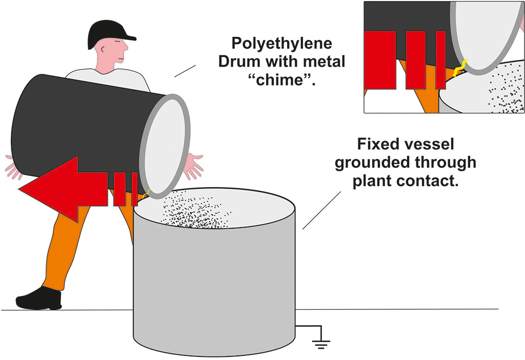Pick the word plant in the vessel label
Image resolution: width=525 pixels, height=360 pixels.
tap(377, 181)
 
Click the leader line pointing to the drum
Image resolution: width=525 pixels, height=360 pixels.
tap(185, 71)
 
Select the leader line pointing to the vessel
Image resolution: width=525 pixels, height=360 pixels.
tap(322, 210)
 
